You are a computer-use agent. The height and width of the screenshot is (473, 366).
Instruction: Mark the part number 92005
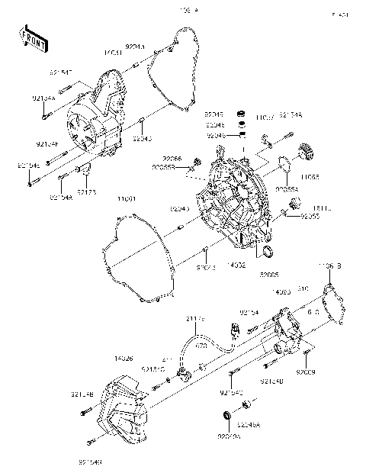pos(269,274)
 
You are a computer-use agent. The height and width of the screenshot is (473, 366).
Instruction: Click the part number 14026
pos(125,358)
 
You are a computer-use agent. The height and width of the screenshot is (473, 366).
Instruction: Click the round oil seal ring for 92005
pos(267,252)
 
